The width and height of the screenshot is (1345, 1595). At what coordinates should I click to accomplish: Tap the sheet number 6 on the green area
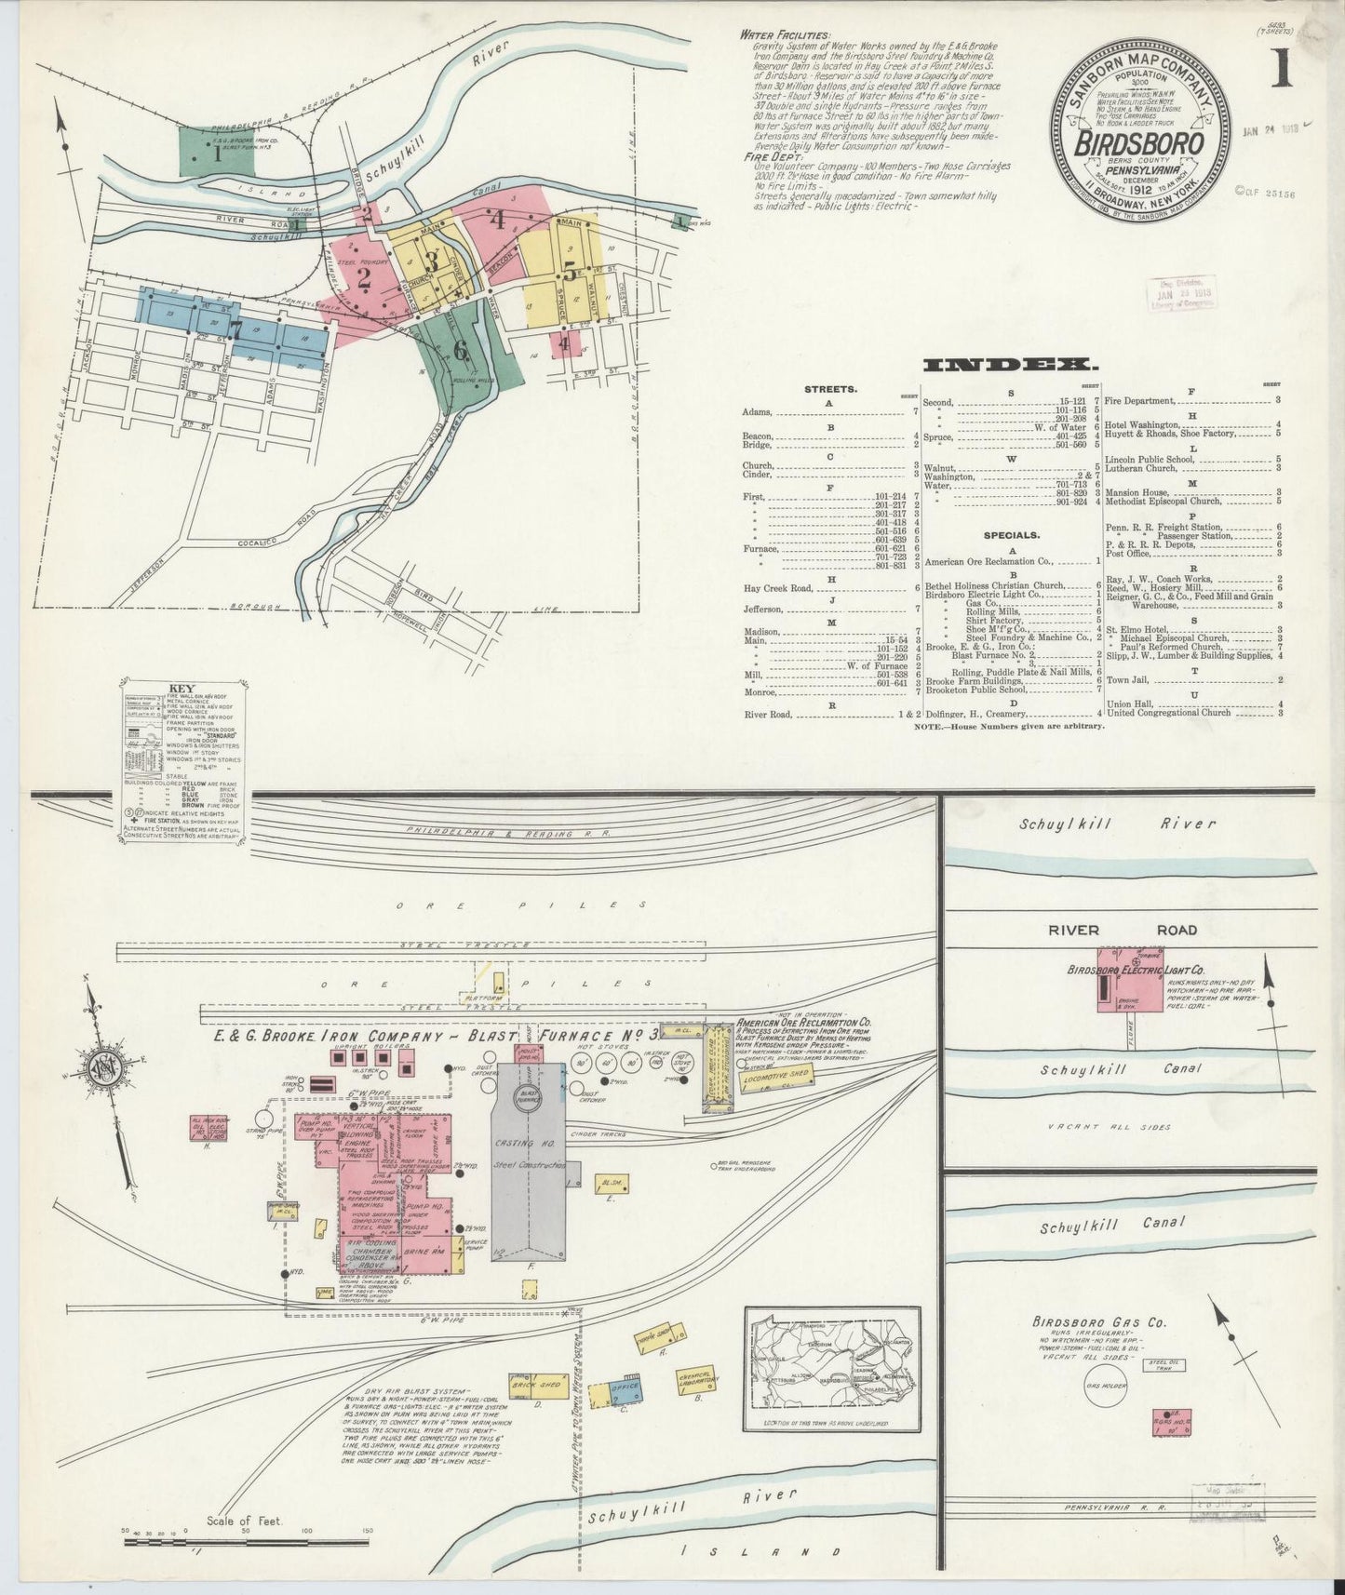[460, 350]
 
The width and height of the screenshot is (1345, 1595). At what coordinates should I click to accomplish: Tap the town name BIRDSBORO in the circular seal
[1138, 144]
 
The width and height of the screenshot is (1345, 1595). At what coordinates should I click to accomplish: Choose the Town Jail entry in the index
[1130, 679]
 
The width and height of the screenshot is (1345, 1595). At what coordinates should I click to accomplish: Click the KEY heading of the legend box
[181, 690]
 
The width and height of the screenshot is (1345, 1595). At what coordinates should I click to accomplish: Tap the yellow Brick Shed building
[536, 1384]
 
